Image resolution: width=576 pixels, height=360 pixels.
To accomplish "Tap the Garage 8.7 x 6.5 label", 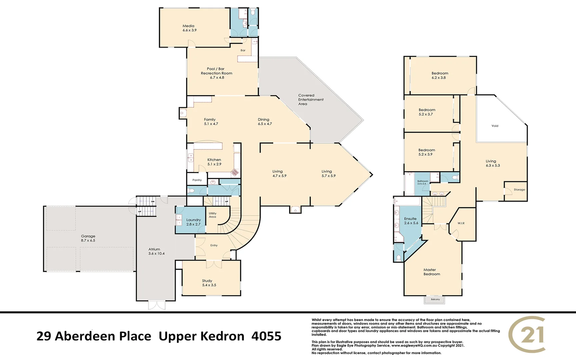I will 88,238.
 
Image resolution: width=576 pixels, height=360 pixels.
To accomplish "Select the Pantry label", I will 197,180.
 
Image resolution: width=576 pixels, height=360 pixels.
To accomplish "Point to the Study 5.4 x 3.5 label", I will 209,283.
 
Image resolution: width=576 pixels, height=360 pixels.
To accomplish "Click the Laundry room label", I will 193,222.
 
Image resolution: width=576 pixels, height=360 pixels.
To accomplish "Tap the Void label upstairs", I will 495,126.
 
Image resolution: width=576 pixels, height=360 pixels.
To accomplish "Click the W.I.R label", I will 461,223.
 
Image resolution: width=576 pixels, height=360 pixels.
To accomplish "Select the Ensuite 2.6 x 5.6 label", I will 411,221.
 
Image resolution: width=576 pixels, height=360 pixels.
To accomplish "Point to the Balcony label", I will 435,299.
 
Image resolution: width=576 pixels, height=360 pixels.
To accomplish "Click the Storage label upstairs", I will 519,190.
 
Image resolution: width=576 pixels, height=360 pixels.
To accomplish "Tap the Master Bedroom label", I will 431,272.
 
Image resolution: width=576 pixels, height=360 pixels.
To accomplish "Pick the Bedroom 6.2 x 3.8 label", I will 439,75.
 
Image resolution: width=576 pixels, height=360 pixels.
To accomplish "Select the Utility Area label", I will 212,215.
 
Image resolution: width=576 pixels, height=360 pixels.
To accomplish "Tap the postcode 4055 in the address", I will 266,336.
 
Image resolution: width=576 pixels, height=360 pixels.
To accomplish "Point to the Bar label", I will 243,50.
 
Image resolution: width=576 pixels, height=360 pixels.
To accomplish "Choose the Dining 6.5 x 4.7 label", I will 264,121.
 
